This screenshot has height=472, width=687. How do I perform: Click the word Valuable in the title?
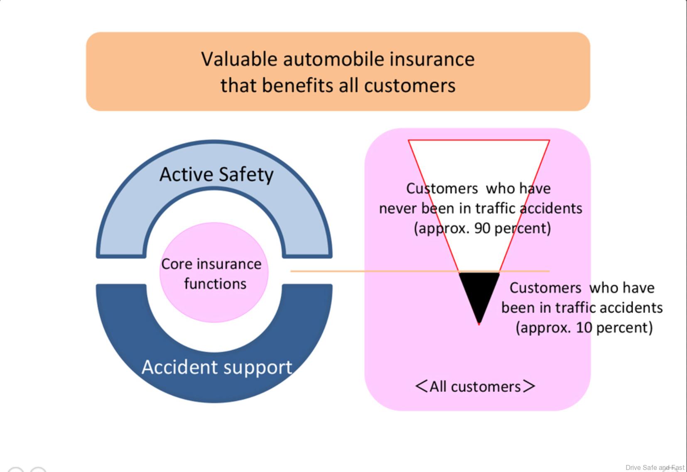239,59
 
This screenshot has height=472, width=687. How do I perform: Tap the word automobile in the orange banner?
327,59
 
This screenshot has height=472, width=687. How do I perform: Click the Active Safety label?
216,174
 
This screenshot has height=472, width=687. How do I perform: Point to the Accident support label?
217,367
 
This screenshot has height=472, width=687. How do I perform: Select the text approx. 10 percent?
584,328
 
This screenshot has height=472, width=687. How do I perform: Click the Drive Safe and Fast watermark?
655,467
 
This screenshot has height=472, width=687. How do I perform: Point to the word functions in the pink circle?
215,284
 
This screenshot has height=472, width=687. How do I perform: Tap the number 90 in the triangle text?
482,228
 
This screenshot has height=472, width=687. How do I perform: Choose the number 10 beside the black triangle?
584,328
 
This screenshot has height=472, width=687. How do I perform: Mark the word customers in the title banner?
410,86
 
